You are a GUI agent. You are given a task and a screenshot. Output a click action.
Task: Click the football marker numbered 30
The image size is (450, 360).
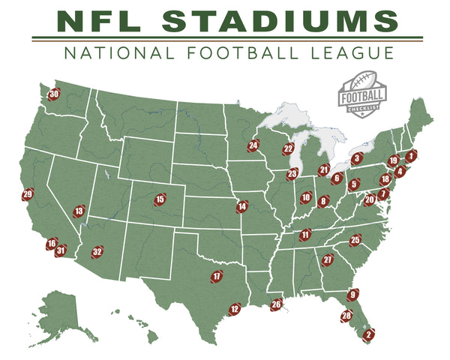tap(54, 95)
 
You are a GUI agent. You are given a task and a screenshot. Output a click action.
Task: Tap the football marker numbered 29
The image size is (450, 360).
tap(28, 195)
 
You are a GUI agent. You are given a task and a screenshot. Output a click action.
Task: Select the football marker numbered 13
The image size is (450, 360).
tap(79, 211)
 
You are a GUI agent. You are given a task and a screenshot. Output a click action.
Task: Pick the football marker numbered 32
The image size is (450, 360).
tap(97, 252)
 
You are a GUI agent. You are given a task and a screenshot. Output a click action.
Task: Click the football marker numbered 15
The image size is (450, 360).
tap(160, 199)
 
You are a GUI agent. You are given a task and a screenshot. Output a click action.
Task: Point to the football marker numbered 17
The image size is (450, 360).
tap(217, 277)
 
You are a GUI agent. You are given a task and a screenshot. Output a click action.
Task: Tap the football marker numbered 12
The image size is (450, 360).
tap(235, 308)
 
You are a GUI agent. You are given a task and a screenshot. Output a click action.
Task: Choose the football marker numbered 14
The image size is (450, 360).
tap(241, 206)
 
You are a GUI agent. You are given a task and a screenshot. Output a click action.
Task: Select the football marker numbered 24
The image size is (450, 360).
tap(253, 146)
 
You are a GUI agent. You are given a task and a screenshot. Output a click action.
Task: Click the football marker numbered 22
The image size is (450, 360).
tap(288, 149)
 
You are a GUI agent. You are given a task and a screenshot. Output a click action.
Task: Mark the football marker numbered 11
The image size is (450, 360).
tap(304, 235)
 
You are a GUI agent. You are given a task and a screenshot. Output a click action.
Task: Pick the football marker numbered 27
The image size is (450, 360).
tap(328, 260)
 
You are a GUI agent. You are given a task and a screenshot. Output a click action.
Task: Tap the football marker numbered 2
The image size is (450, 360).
tap(368, 334)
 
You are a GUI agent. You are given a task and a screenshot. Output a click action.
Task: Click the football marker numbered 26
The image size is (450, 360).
tap(277, 304)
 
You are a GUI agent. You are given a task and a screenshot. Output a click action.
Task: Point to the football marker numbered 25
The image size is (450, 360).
tap(355, 240)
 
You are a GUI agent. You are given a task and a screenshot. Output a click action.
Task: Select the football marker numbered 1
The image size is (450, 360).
tap(410, 156)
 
